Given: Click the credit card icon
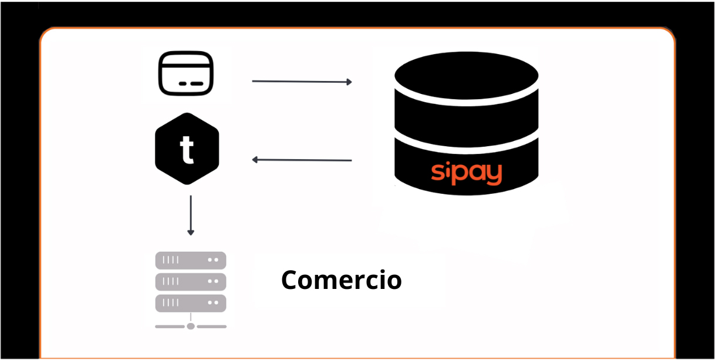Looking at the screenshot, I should (x=185, y=74).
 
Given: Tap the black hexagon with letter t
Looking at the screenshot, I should (x=187, y=149).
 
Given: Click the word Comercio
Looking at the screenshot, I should (x=341, y=280).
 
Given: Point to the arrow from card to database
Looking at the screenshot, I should (x=301, y=82).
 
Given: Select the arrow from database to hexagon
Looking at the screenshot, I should (x=301, y=160).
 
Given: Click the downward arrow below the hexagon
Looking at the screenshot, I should (x=190, y=215).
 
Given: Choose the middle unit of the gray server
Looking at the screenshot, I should (x=191, y=282).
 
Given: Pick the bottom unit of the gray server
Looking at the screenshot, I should (x=191, y=303).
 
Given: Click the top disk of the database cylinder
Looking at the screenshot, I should (x=467, y=75).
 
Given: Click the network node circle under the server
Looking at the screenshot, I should (x=191, y=326).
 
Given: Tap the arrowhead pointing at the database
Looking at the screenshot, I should (x=349, y=82).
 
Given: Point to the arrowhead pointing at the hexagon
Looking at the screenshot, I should (x=255, y=160).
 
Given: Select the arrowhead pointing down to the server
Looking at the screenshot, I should (x=190, y=233).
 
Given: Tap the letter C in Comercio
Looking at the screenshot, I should (x=291, y=280).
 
